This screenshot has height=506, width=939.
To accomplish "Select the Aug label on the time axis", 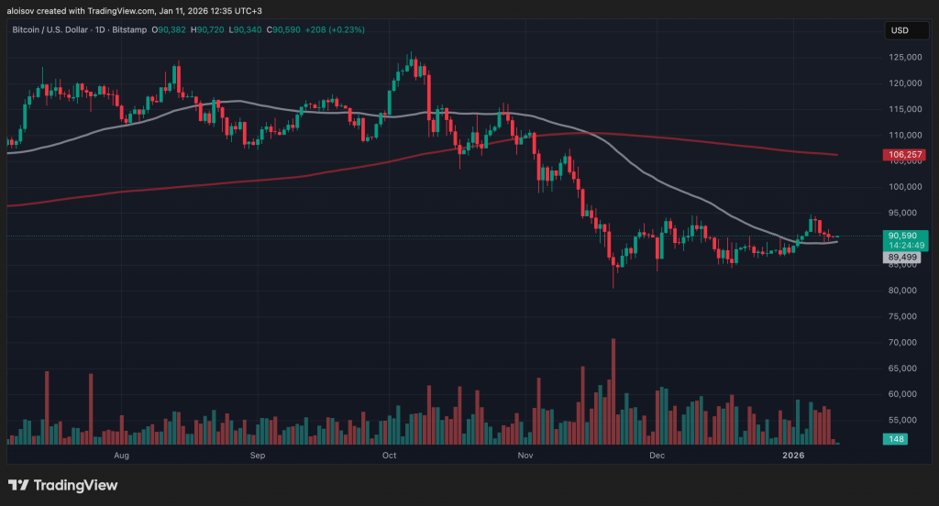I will coord(121,455).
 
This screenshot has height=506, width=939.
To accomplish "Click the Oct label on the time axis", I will coord(389,455).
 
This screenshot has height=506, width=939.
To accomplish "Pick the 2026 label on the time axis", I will coord(793,455).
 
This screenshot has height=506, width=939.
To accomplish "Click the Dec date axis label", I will coord(657,455).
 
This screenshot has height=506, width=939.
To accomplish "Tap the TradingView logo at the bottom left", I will coord(62,485).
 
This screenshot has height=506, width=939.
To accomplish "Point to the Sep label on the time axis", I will coord(257,455).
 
